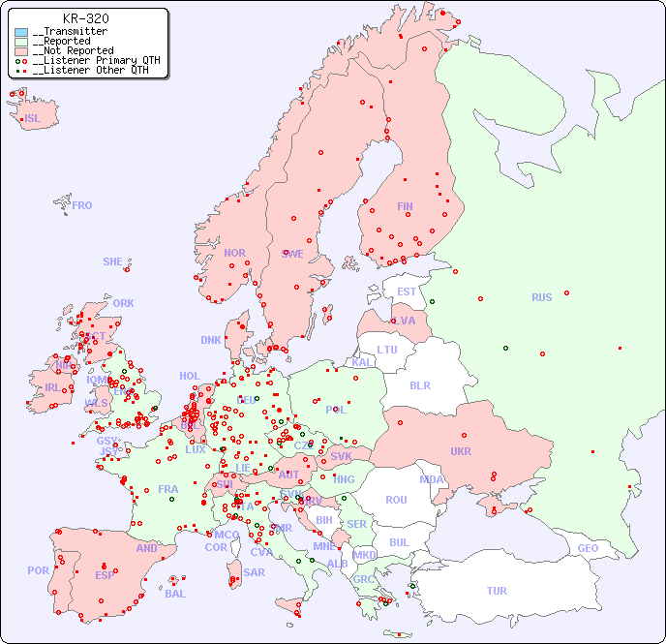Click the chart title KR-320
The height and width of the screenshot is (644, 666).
(85, 18)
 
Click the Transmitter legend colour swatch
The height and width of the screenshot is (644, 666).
(21, 32)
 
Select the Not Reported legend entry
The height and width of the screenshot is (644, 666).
(73, 50)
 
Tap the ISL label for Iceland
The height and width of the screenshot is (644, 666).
(33, 119)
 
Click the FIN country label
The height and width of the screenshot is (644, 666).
(405, 206)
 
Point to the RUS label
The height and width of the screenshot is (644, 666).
(541, 297)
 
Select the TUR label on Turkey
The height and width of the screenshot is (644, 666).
(497, 591)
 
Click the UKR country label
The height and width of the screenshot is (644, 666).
(460, 451)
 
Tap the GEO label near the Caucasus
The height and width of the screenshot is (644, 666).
(588, 548)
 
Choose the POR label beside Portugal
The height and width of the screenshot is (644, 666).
(38, 570)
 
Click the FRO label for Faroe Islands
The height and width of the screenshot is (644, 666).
(82, 205)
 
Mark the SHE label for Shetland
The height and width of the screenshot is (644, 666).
(113, 261)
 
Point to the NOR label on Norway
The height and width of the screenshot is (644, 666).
(234, 253)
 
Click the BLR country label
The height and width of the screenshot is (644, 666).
(419, 384)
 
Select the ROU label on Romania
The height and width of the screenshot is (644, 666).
(396, 500)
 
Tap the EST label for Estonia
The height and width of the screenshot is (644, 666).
(407, 291)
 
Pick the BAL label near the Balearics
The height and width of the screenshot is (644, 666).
(175, 594)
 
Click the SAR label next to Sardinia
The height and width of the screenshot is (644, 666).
(254, 572)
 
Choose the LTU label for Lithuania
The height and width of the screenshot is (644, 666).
(387, 350)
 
